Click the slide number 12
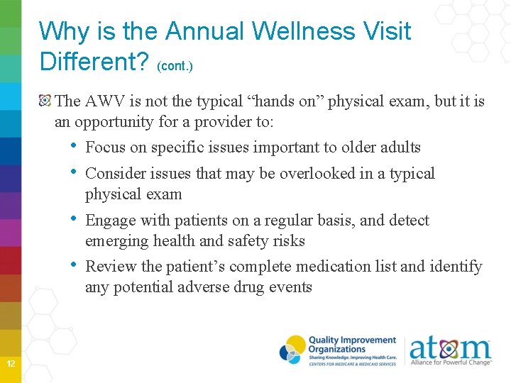coord(11,364)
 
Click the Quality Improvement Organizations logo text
coord(351,345)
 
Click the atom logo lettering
coord(449,347)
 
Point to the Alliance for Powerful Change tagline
coord(451,362)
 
